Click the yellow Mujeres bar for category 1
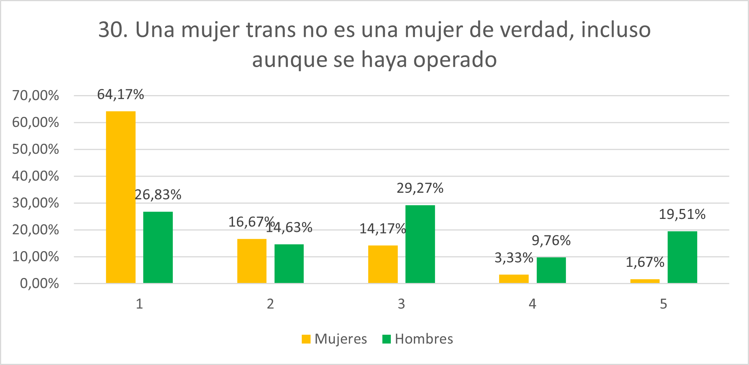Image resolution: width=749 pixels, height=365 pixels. tap(121, 197)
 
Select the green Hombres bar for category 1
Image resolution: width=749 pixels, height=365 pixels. tap(158, 247)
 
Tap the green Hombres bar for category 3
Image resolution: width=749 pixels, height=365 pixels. tap(420, 244)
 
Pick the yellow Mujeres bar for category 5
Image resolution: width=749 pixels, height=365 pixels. tap(645, 281)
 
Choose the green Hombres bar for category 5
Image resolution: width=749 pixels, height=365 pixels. tap(682, 257)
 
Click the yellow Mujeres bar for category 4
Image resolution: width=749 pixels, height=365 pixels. tap(514, 279)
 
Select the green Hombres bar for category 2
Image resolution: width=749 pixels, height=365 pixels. tap(289, 263)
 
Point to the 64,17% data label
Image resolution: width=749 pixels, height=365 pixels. tap(121, 94)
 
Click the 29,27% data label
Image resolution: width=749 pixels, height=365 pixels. tap(420, 188)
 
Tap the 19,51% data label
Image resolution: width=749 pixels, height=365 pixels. tap(682, 214)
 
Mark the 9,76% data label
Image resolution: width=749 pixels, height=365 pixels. tap(551, 241)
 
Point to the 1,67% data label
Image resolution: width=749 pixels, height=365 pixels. tap(645, 262)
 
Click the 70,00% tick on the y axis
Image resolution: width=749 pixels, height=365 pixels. tap(36, 95)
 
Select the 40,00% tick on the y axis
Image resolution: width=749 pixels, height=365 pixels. tap(36, 176)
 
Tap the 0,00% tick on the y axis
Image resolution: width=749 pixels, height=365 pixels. tap(40, 284)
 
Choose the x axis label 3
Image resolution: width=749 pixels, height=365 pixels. tap(401, 304)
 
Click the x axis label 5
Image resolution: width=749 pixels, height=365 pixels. tap(663, 304)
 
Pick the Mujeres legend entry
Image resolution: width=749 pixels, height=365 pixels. tap(334, 339)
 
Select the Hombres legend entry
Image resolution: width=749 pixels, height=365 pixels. tap(418, 339)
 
